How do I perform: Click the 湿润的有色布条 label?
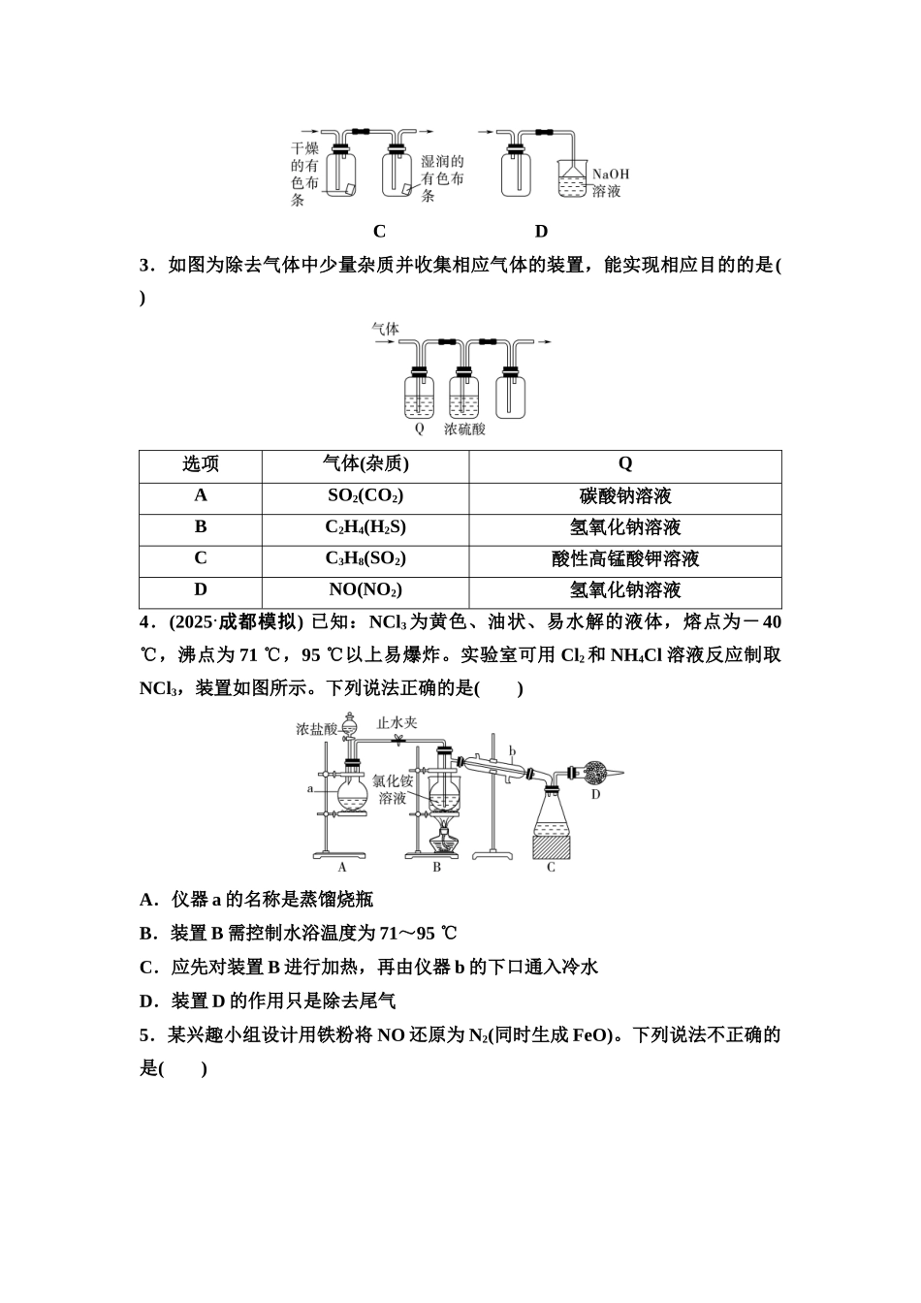coord(442,178)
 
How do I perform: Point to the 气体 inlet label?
coord(386,329)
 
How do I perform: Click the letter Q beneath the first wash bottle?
coord(419,428)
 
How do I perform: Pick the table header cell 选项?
coord(201,464)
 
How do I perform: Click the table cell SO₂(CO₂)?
coord(365,495)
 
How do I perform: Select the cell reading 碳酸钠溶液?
coord(625,496)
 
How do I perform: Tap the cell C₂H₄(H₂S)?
coord(365,527)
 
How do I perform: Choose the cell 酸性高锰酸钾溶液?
coord(625,559)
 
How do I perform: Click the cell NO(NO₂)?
coord(365,589)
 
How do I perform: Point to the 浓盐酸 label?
coord(317,728)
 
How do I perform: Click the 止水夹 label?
coord(397,722)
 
